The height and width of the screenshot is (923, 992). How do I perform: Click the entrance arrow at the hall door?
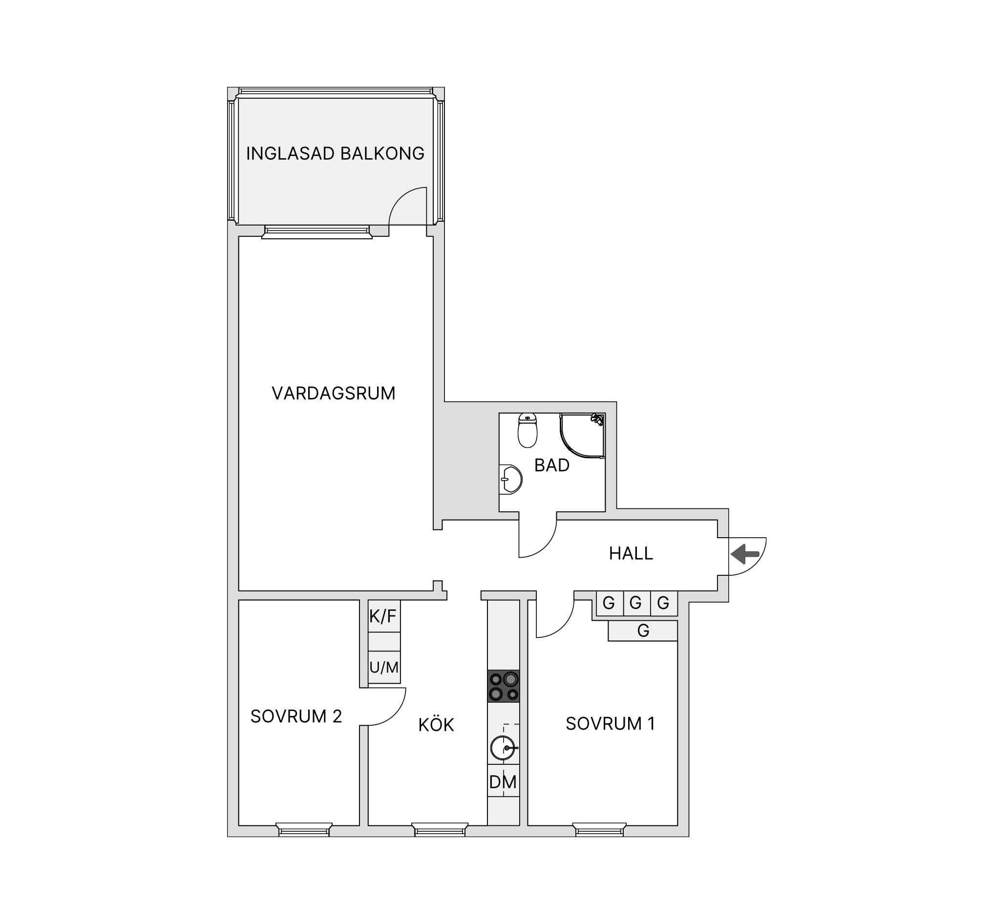click(x=745, y=554)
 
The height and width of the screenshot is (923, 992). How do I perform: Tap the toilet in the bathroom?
click(x=528, y=430)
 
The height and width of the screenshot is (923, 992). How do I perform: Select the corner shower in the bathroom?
click(x=582, y=436)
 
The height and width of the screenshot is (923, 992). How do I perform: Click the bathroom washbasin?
click(x=510, y=480)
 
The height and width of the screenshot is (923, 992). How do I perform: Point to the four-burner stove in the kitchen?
click(x=504, y=687)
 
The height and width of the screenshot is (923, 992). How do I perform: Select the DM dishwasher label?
click(x=503, y=782)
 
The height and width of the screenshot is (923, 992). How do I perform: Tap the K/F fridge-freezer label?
click(x=383, y=617)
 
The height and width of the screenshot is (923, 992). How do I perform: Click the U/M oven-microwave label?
click(x=384, y=667)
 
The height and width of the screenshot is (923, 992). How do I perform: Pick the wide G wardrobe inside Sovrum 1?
click(x=643, y=630)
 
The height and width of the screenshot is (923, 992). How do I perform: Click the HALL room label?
click(x=631, y=553)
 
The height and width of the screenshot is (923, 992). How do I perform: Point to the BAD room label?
click(x=552, y=465)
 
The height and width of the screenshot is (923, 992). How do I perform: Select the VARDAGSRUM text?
click(x=333, y=393)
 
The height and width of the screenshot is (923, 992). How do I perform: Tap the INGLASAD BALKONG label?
click(x=336, y=153)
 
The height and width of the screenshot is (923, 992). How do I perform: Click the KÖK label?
click(x=436, y=724)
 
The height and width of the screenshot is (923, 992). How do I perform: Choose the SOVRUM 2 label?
click(x=296, y=716)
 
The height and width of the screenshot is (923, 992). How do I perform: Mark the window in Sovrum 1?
click(x=599, y=829)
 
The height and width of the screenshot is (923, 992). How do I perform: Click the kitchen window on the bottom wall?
click(x=440, y=829)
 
